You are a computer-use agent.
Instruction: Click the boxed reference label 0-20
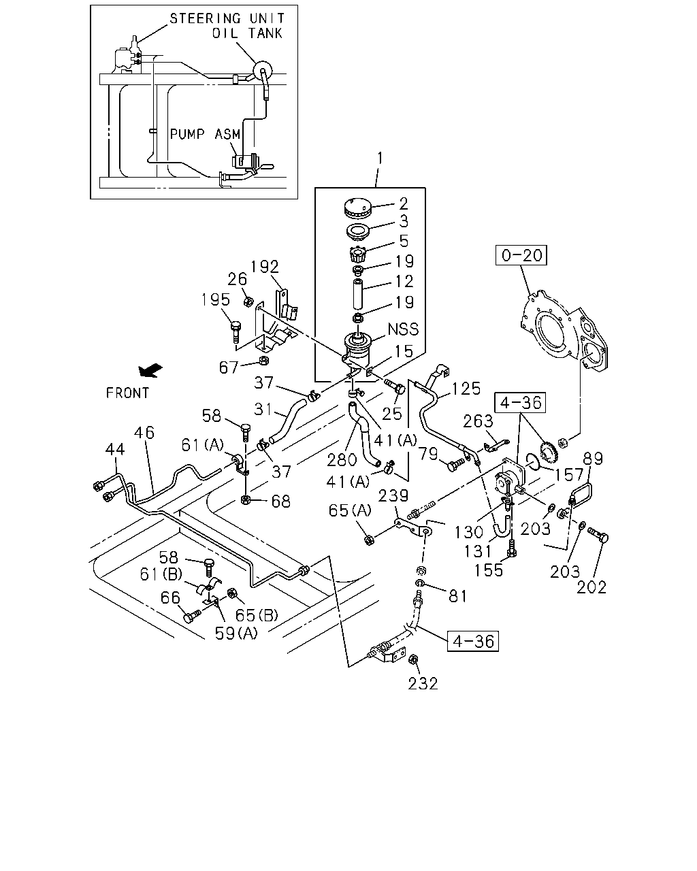[x=521, y=255]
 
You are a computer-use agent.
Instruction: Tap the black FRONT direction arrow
[x=150, y=370]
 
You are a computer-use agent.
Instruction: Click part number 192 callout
[x=265, y=267]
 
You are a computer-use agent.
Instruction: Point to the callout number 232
[x=423, y=684]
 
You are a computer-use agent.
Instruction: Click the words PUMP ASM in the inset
[x=205, y=134]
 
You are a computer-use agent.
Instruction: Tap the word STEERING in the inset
[x=206, y=18]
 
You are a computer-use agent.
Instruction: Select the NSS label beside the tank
[x=403, y=329]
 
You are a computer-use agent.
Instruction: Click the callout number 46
[x=144, y=433]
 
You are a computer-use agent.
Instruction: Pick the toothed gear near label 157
[x=549, y=450]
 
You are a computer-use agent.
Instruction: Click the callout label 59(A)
[x=236, y=634]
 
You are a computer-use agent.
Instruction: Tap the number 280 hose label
[x=342, y=460]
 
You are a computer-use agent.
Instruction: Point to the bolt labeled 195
[x=236, y=331]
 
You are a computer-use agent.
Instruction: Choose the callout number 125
[x=466, y=389]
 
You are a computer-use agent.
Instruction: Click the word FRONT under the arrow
[x=127, y=393]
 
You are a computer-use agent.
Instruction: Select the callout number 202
[x=591, y=587]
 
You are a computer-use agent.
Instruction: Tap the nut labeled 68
[x=246, y=499]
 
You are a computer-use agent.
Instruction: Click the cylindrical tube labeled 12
[x=357, y=294]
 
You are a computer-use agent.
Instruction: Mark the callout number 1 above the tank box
[x=380, y=158]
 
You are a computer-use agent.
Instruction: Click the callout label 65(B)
[x=257, y=615]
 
